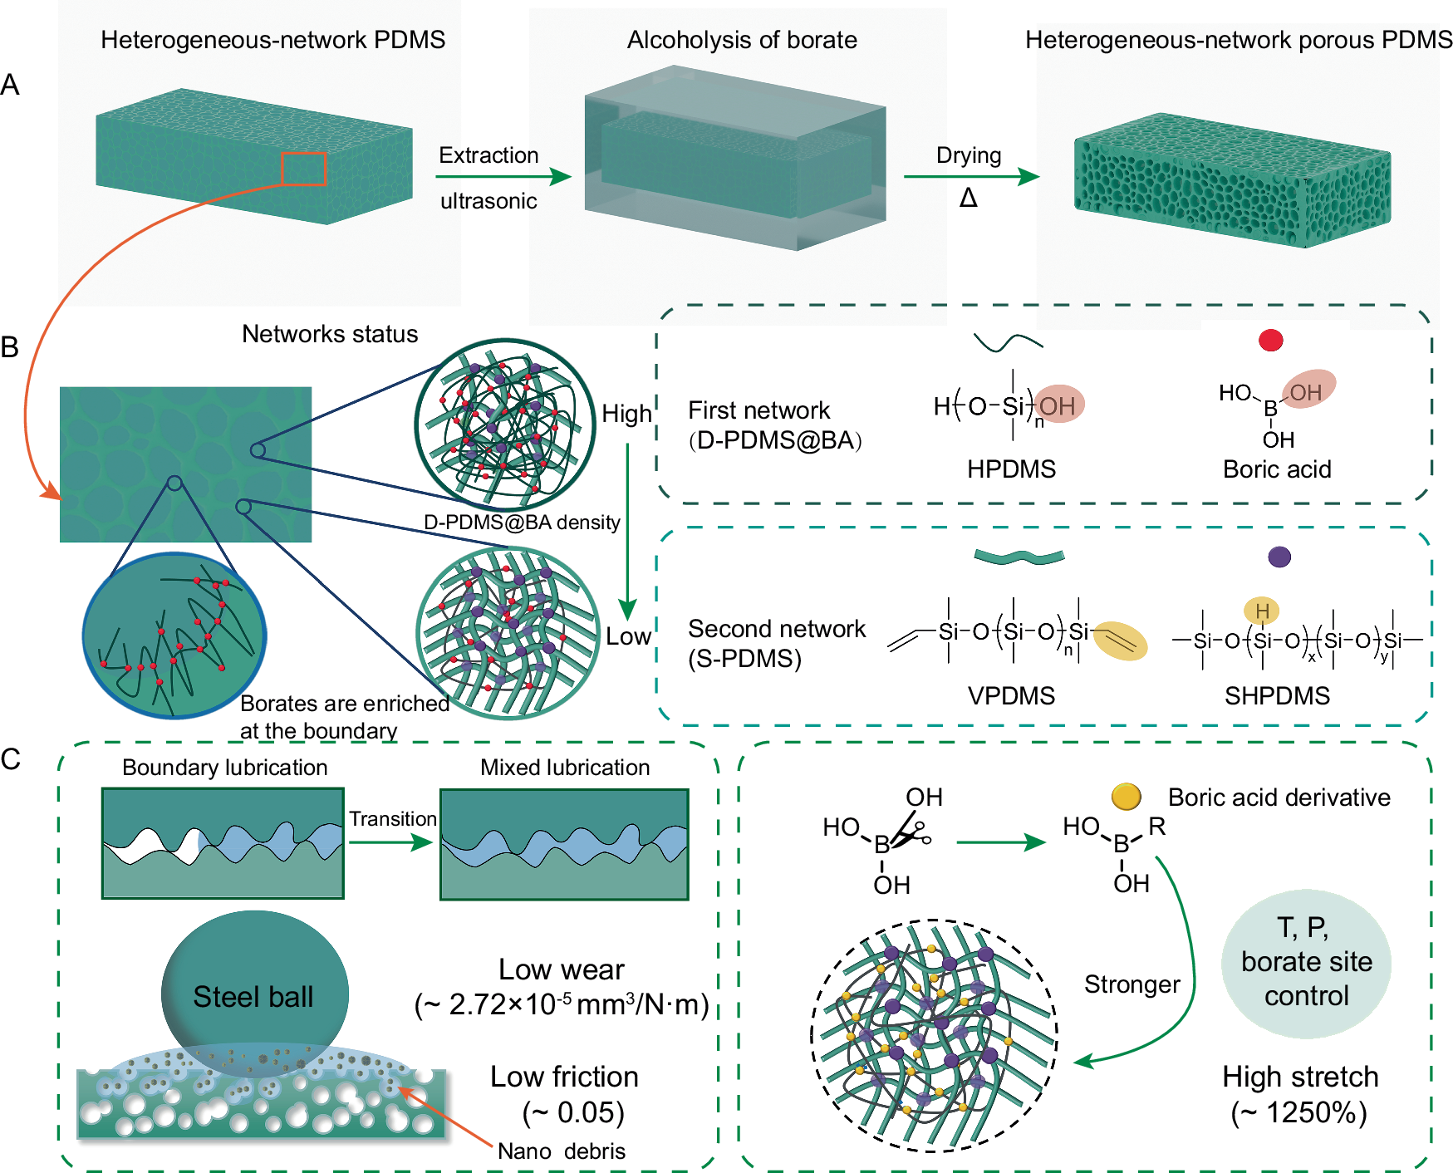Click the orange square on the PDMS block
[303, 169]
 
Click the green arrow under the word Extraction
[503, 177]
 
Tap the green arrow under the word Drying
[971, 176]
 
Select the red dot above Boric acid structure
[1270, 340]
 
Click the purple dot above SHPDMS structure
[1279, 557]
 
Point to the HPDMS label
[1011, 469]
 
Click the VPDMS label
[1011, 695]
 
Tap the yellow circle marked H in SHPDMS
[1261, 611]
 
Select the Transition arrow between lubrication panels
[391, 842]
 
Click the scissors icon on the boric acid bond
[911, 833]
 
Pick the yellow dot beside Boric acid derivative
[1126, 797]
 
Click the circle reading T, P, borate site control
[1306, 963]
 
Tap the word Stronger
[1131, 984]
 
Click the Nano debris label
[562, 1151]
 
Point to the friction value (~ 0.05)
[573, 1112]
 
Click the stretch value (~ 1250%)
[1299, 1112]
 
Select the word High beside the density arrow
[626, 414]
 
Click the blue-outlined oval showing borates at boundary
[174, 636]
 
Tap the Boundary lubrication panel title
[224, 768]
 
